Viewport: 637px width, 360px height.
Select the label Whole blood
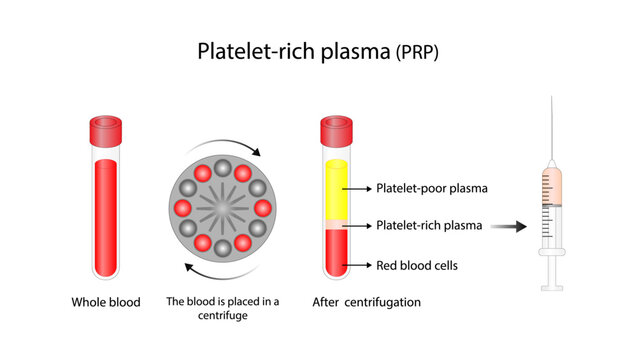[105, 301]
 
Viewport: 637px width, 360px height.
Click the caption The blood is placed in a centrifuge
[223, 307]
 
